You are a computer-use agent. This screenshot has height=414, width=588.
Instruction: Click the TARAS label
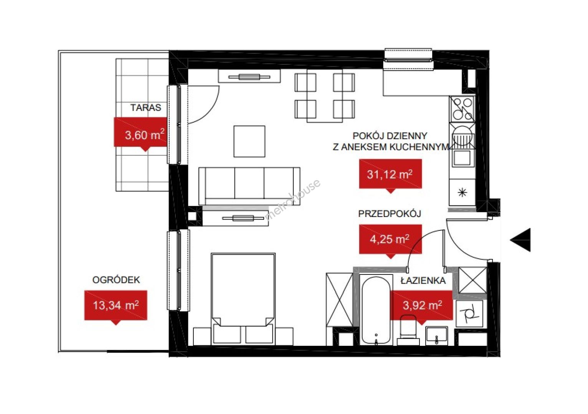point(146,107)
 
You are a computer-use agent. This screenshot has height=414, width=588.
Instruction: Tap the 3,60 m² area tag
point(140,134)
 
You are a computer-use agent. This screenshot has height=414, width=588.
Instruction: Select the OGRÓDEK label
point(116,280)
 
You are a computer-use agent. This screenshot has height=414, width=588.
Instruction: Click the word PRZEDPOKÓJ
point(390,214)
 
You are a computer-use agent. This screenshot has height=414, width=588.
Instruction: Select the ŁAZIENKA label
point(423,281)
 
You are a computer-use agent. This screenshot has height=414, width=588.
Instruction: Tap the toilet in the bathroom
point(408,331)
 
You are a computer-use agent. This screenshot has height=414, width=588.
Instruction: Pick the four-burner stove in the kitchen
point(462,109)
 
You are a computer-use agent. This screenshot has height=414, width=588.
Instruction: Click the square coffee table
point(249,141)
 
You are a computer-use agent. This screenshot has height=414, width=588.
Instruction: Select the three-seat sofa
point(249,186)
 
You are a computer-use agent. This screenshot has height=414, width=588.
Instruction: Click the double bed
point(243,299)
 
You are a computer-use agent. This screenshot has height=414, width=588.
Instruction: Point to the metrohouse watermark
point(293,200)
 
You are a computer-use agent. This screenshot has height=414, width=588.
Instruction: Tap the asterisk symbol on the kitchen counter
point(462,193)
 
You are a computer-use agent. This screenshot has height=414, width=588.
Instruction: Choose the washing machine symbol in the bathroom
point(469,314)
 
